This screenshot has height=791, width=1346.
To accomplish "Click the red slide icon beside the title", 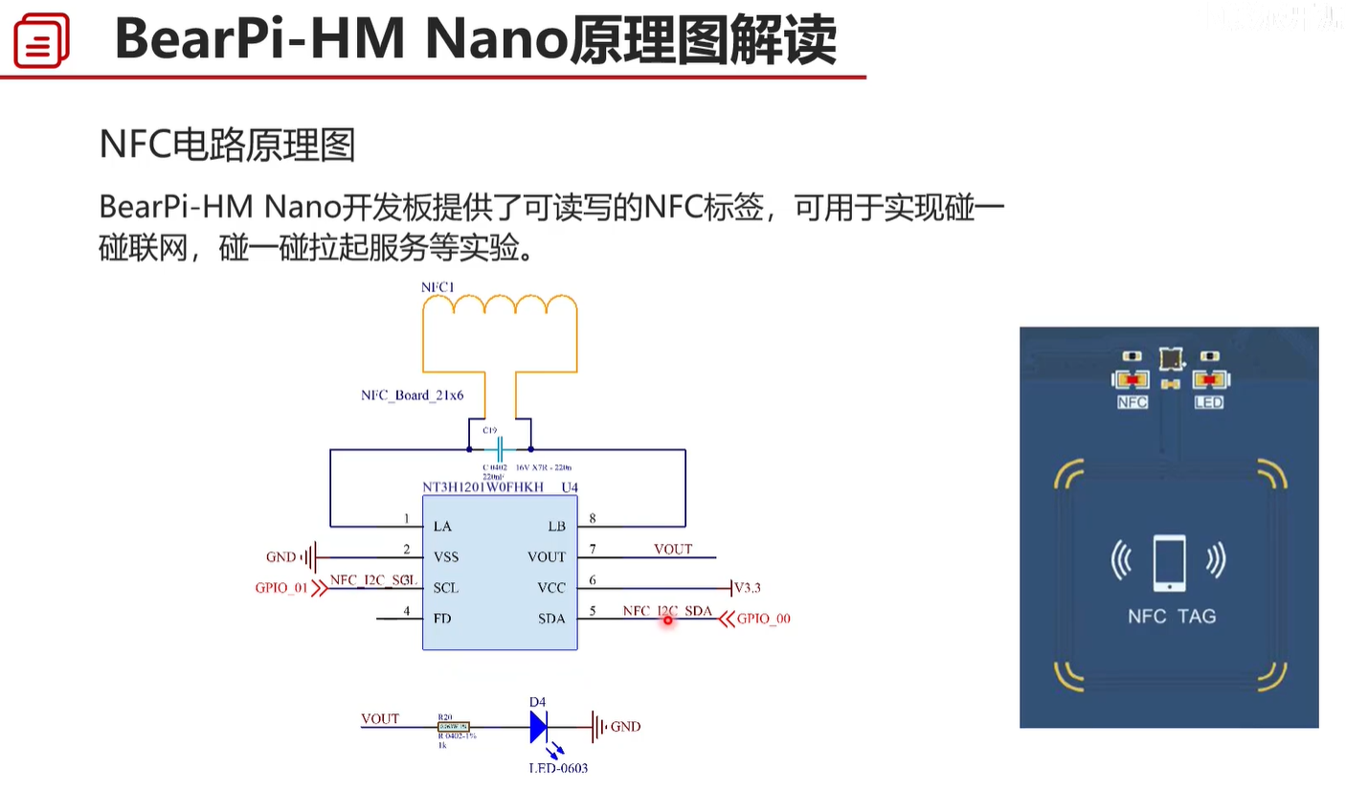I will [41, 41].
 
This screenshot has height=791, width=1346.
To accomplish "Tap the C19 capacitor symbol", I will [500, 449].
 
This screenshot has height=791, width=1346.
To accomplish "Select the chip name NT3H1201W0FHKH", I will [482, 487].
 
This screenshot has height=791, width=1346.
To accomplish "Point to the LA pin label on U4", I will [442, 527].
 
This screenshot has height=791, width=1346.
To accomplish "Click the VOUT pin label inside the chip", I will [547, 557].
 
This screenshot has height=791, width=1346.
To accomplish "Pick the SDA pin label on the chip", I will [551, 619].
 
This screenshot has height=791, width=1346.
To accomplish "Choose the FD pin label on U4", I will [441, 619].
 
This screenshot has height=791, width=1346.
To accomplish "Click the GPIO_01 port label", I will [281, 588].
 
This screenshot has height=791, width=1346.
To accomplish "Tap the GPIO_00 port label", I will [764, 619].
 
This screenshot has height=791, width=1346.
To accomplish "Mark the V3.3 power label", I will [747, 588].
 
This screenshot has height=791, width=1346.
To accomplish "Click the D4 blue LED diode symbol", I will [539, 727].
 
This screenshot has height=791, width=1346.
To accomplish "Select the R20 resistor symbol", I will [454, 727].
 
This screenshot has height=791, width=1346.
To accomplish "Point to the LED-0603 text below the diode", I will [558, 768].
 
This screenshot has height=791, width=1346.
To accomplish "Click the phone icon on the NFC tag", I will [1169, 560].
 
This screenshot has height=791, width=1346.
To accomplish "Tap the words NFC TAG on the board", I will [1171, 616].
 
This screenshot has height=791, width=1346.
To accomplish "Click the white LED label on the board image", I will [1208, 403].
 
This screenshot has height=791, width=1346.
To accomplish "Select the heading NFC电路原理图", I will [228, 145].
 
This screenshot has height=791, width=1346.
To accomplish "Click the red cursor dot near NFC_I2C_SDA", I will [668, 621].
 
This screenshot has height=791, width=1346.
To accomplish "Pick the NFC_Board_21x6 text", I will [412, 395].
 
